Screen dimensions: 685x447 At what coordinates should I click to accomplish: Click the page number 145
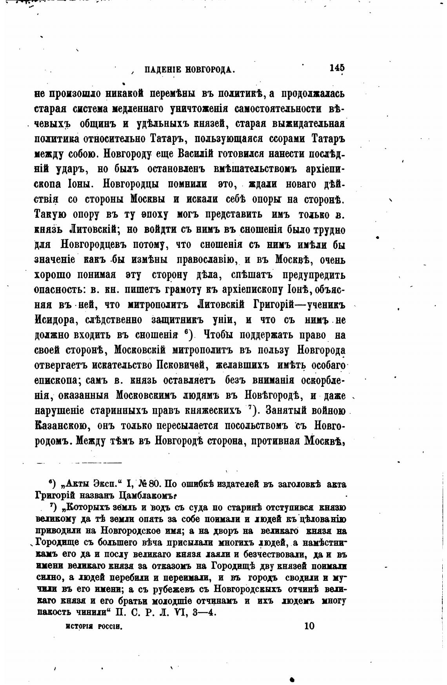(x=337, y=67)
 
